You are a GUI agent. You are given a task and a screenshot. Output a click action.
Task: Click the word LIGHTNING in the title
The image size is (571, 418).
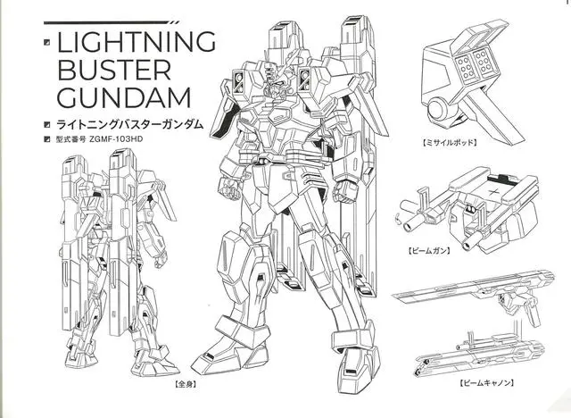tap(137, 43)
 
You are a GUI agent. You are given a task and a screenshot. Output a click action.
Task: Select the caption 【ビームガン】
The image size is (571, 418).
tap(428, 253)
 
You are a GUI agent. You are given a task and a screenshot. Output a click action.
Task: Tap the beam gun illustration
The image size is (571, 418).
tap(464, 210)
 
